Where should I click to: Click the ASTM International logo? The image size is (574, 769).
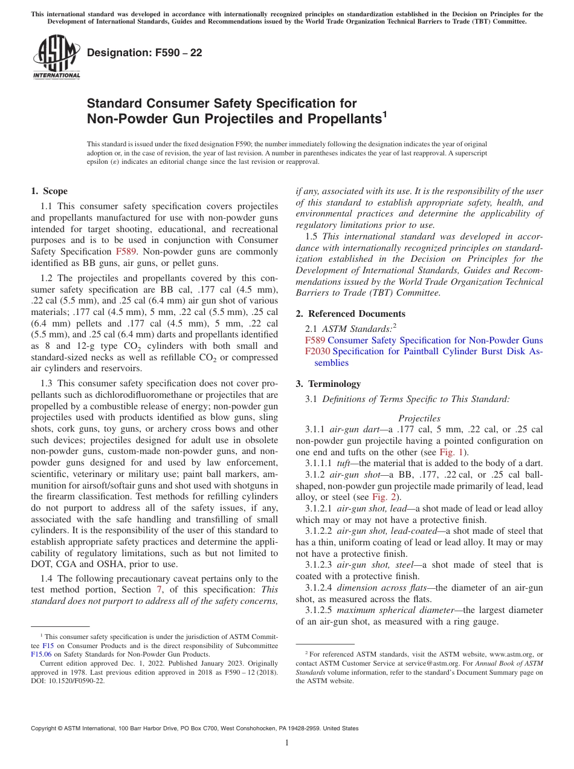56,57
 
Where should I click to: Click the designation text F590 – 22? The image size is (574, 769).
144,53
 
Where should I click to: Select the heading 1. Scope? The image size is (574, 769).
49,192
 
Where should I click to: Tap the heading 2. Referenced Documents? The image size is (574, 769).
350,314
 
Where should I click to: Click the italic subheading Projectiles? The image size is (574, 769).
419,418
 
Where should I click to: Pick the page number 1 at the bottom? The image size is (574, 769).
287,742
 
